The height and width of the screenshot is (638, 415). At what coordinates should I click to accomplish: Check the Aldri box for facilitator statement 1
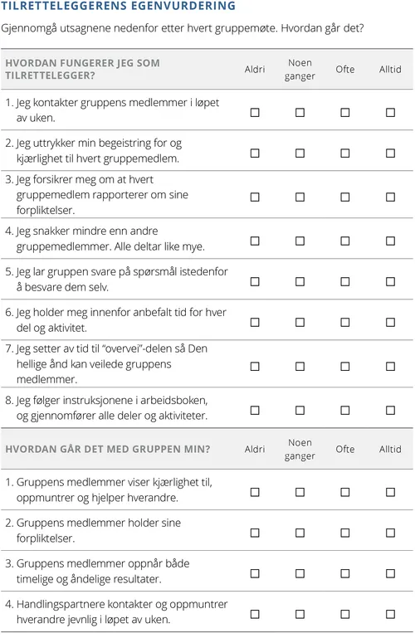tap(255, 112)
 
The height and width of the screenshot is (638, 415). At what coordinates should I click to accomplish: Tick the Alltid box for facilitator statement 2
tap(390, 153)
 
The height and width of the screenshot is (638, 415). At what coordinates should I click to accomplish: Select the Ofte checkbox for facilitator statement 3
tap(345, 197)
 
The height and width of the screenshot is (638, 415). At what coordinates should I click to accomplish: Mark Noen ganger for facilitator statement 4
tap(300, 241)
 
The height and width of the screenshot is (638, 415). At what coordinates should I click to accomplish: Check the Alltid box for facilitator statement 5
tap(390, 281)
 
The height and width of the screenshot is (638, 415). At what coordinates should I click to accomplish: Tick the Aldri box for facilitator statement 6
tap(255, 322)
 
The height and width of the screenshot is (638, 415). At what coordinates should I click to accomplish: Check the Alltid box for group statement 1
tap(390, 492)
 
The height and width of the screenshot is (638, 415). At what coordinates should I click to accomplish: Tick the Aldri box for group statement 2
tap(255, 533)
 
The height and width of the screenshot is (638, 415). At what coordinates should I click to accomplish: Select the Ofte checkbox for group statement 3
tap(345, 573)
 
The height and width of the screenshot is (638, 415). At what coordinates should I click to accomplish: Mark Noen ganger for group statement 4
tap(300, 614)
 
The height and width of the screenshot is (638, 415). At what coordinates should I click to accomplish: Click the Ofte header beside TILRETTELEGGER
tap(345, 70)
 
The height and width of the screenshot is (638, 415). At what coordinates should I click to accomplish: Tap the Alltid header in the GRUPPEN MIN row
tap(390, 450)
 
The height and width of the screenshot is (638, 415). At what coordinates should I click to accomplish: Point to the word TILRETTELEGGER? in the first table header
tap(50, 76)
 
